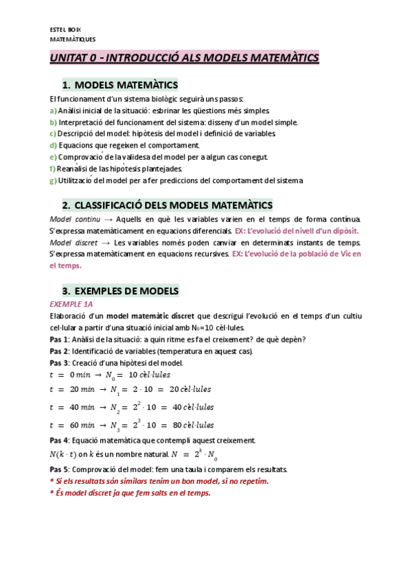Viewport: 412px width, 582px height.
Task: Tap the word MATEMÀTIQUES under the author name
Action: pyautogui.click(x=73, y=40)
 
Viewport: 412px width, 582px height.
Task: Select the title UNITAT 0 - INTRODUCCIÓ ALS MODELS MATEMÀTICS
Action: pyautogui.click(x=184, y=58)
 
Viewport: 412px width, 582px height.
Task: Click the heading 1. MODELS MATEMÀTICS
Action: pyautogui.click(x=119, y=85)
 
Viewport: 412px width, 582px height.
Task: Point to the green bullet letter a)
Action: pyautogui.click(x=54, y=110)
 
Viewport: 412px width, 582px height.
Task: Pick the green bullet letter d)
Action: pyautogui.click(x=54, y=145)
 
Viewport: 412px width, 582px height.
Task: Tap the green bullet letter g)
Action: pyautogui.click(x=54, y=181)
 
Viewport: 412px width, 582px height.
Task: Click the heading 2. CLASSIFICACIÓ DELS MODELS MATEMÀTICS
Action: pyautogui.click(x=167, y=205)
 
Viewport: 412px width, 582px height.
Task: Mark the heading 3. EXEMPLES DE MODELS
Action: pyautogui.click(x=120, y=291)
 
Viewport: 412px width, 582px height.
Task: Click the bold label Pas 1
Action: pyautogui.click(x=59, y=340)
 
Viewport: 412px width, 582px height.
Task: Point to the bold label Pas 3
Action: pyautogui.click(x=59, y=362)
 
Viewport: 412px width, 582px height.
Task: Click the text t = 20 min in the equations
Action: pyautogui.click(x=71, y=390)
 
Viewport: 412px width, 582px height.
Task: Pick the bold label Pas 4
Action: pyautogui.click(x=59, y=441)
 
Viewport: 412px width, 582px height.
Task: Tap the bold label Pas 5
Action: pyautogui.click(x=59, y=469)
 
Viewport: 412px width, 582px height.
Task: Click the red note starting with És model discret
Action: pyautogui.click(x=130, y=493)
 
